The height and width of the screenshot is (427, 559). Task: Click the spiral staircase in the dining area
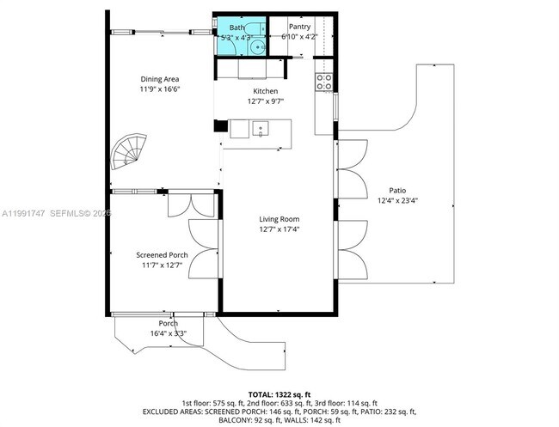coord(131,153)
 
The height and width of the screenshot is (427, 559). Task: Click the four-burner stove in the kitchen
coord(325,82)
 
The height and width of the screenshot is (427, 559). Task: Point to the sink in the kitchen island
coord(262,129)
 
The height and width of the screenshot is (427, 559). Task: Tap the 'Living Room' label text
coord(279,219)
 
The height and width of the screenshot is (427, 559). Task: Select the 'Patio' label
coord(396,191)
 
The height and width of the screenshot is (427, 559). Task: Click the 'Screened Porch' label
coord(162,255)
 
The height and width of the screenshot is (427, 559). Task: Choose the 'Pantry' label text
coord(299,27)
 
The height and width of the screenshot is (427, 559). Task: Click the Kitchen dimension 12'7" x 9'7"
coord(265,101)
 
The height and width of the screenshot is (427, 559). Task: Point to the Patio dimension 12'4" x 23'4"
coord(396,201)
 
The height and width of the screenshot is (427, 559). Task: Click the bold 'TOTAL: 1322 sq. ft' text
coord(279,393)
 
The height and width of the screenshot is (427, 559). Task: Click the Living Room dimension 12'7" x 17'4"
coord(279,229)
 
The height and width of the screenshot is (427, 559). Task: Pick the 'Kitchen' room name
coord(265,91)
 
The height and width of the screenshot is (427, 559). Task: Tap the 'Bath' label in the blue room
coord(236,28)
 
